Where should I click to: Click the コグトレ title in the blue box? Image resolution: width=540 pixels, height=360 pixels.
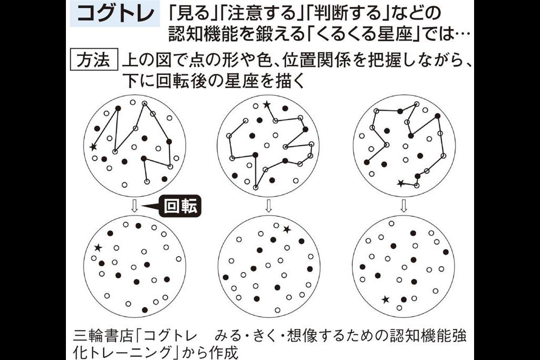[x=115, y=14]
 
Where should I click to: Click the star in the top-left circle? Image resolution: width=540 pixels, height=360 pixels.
[x=93, y=147]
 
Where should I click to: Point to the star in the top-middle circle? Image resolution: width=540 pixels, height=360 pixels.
[x=266, y=104]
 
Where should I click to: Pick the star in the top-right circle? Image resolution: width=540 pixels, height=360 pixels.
[x=400, y=183]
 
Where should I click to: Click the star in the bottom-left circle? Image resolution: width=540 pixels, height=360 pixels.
[x=98, y=247]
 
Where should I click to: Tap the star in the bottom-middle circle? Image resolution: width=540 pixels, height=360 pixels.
[x=287, y=229]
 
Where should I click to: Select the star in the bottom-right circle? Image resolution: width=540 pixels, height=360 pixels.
[x=385, y=300]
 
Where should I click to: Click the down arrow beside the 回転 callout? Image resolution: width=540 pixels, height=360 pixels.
[x=134, y=206]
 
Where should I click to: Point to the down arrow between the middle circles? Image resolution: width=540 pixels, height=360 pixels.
[x=269, y=206]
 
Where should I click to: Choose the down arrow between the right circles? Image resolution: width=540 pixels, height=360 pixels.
[x=404, y=206]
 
